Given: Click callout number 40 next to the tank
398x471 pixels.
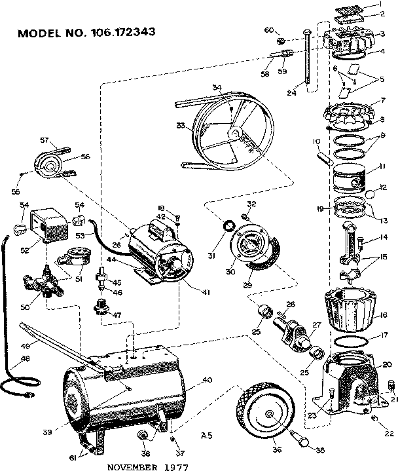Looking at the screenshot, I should (x=206, y=381).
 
